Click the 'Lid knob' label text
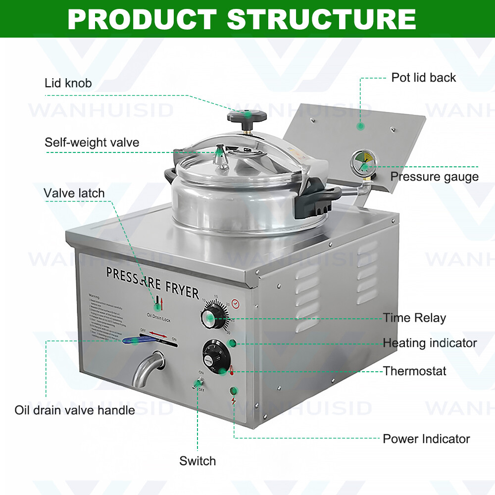pos(68,83)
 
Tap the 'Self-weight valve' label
pos(92,143)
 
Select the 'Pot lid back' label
pos(423,77)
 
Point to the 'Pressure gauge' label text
pos(434,177)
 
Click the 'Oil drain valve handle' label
pos(74,410)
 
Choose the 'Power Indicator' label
pos(426,439)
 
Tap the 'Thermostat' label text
pos(415,371)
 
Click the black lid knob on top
pos(247,117)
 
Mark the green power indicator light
pos(234,391)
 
